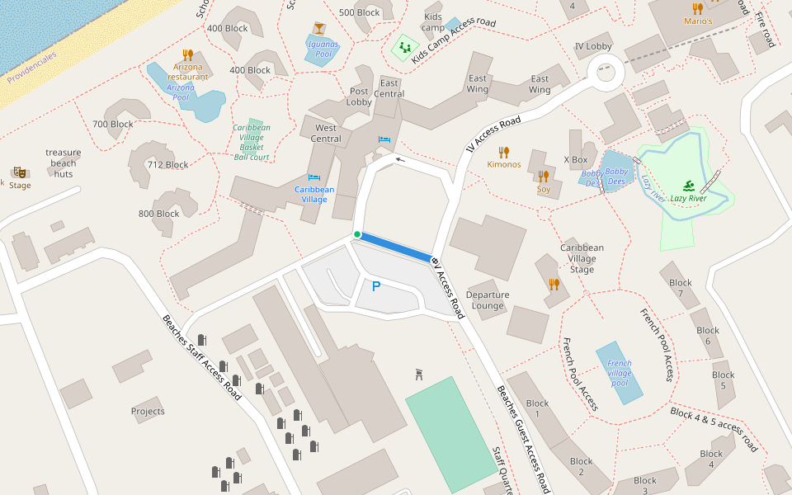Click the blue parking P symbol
click(x=376, y=287)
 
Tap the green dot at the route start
click(x=357, y=235)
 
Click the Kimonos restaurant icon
click(x=504, y=152)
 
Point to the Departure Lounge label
click(x=487, y=300)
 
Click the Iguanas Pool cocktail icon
click(x=319, y=29)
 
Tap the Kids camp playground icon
click(x=405, y=47)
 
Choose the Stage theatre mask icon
click(x=20, y=171)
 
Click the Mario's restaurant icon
click(x=698, y=8)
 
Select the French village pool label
click(x=619, y=373)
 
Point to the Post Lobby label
click(x=359, y=97)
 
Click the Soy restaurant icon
click(x=543, y=176)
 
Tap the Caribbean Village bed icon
click(x=314, y=177)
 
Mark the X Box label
click(x=576, y=159)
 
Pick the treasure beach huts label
click(x=64, y=163)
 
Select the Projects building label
click(x=148, y=411)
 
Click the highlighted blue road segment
click(x=396, y=247)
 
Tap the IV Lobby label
click(x=593, y=46)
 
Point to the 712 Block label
click(x=167, y=164)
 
